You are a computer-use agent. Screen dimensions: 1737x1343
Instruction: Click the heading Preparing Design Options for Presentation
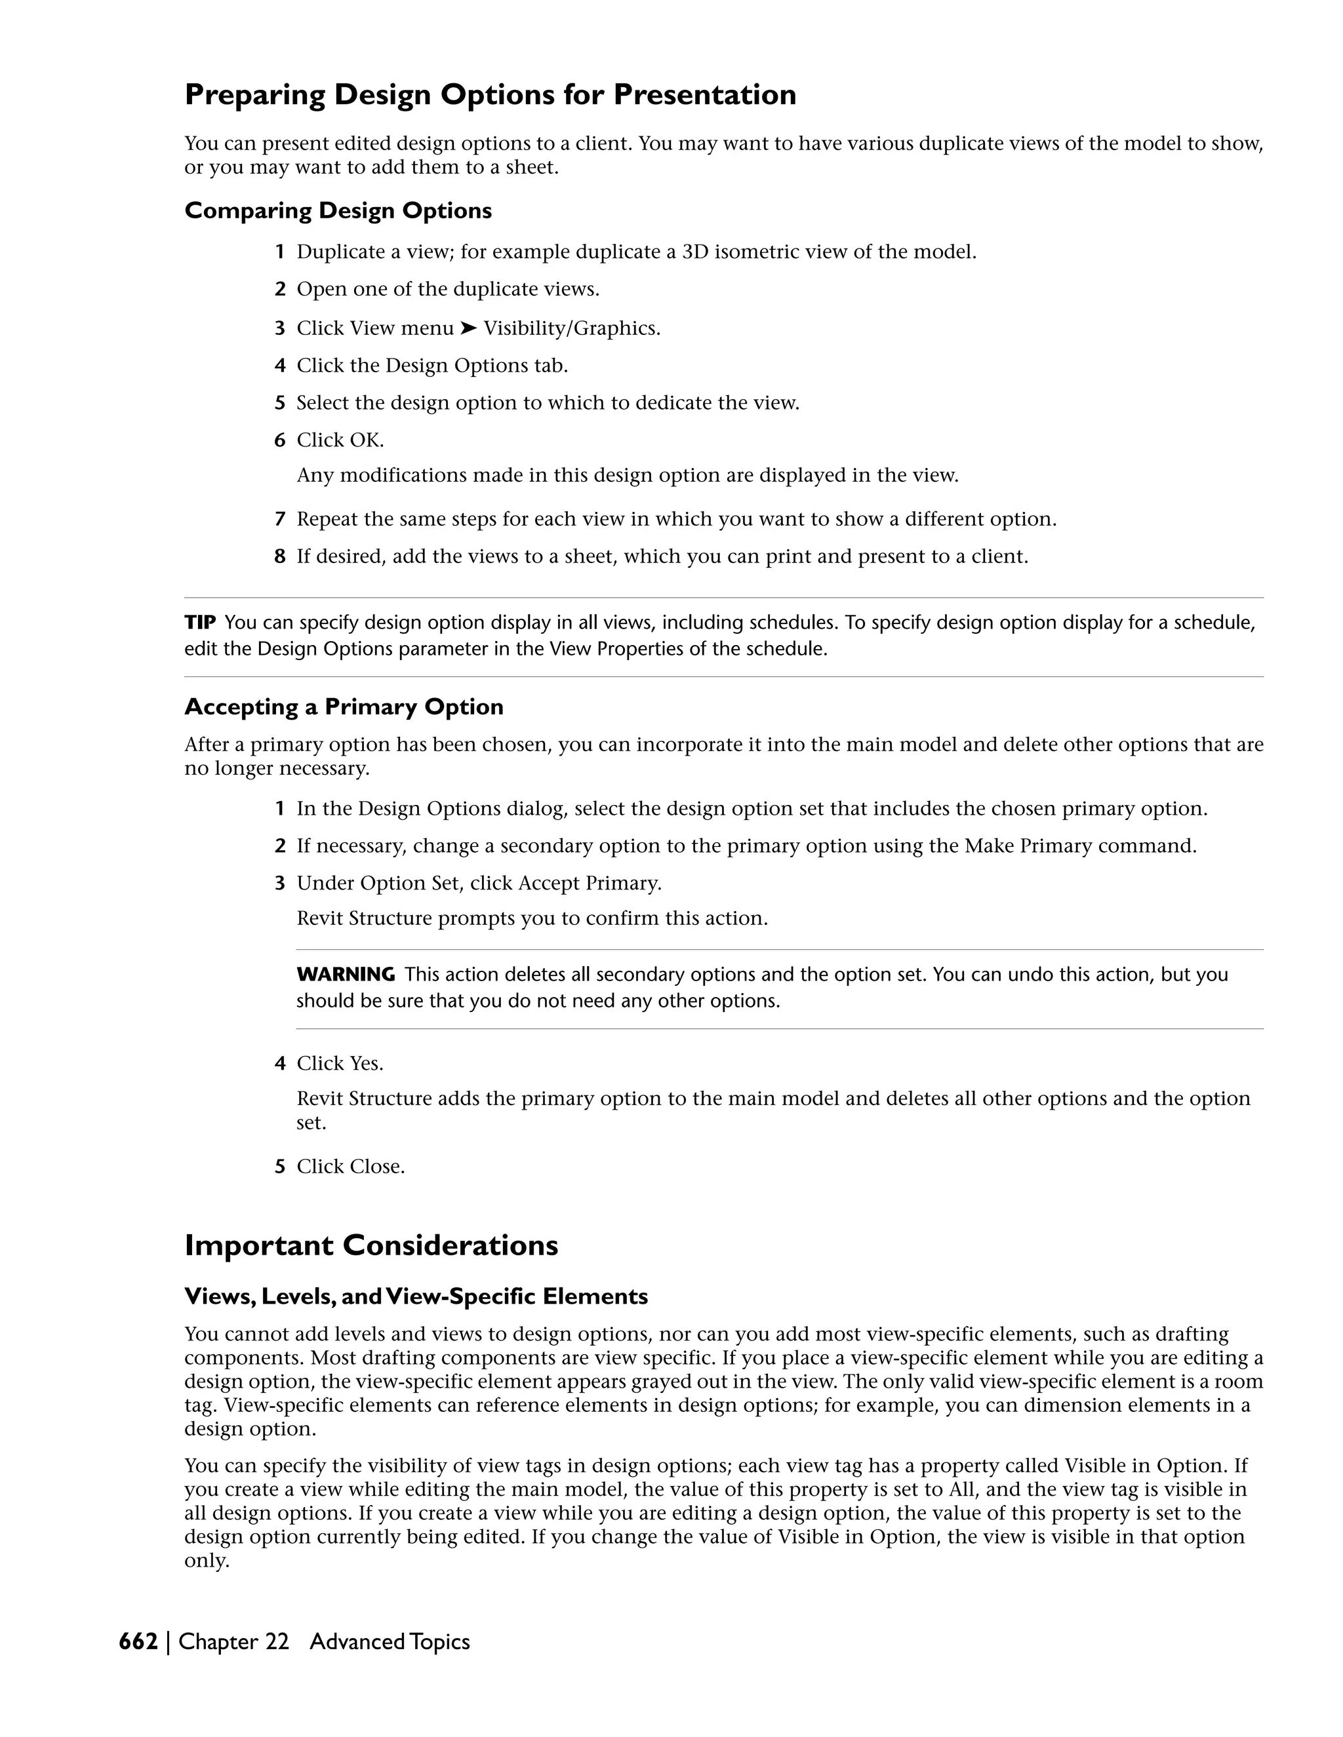pos(490,94)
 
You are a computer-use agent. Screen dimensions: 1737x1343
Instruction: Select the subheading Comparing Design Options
pos(338,211)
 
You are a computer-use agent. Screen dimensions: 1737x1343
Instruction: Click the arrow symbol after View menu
pos(469,328)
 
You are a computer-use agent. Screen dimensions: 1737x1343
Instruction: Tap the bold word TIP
pos(200,622)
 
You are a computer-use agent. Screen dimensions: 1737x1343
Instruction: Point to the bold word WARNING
pos(346,974)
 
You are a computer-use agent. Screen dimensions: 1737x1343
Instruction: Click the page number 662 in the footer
pos(138,1641)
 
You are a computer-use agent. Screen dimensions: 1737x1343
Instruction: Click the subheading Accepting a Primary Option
pos(344,707)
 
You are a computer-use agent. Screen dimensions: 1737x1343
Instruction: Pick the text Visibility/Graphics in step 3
pos(571,328)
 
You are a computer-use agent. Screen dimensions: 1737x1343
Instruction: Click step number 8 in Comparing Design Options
pos(280,556)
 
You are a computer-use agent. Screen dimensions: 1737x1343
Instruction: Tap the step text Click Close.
pos(350,1167)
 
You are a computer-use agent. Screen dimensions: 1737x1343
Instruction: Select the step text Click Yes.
pos(340,1063)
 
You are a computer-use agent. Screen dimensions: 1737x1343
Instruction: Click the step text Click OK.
pos(340,440)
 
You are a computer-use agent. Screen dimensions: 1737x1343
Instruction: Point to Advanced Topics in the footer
pos(390,1641)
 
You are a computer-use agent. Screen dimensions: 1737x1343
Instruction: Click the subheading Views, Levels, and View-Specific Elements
pos(416,1297)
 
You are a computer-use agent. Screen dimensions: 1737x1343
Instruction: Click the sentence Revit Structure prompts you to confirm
pos(531,918)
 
